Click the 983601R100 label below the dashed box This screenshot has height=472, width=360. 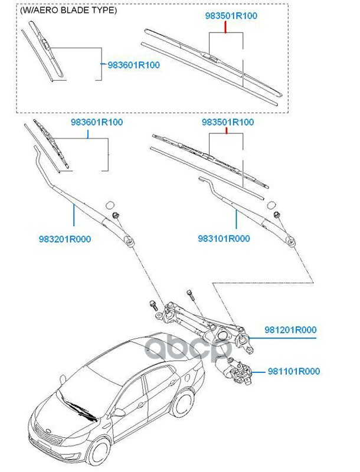(x=97, y=122)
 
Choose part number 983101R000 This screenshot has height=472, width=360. (x=224, y=239)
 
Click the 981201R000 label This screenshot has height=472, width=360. (x=290, y=330)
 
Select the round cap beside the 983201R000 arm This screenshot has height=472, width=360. (x=109, y=205)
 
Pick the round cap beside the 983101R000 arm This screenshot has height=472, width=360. (x=273, y=205)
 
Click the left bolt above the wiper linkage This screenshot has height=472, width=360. (x=152, y=305)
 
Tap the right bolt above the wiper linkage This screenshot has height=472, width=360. (x=190, y=293)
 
